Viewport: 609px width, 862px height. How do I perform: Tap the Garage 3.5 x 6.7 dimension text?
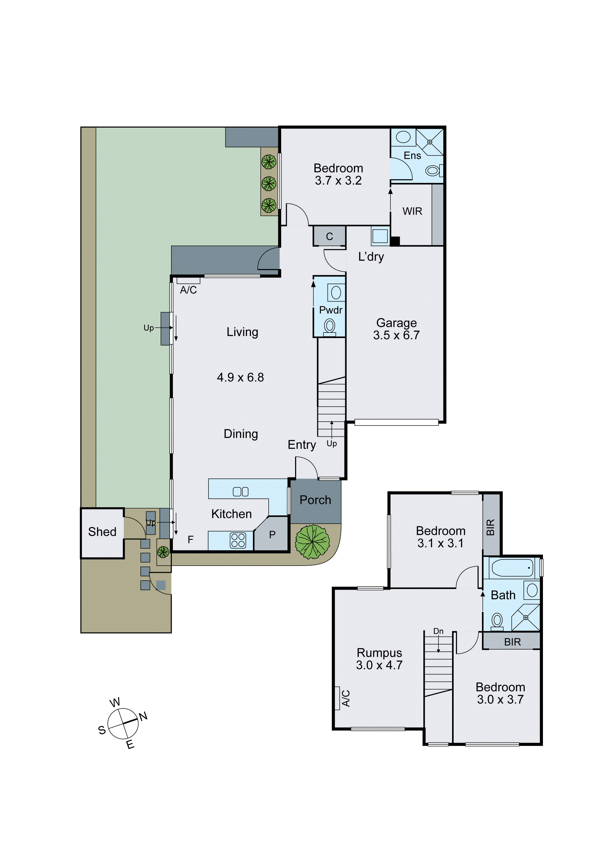396,335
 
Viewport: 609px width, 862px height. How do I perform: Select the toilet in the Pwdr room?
330,326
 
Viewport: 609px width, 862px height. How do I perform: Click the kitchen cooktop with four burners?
238,540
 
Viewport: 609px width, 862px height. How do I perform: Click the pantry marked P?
272,535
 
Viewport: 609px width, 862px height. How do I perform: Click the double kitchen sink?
240,492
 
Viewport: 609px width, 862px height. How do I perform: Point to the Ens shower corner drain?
430,142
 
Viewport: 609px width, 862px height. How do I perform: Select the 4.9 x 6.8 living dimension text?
240,377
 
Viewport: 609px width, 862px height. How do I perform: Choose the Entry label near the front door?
302,445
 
